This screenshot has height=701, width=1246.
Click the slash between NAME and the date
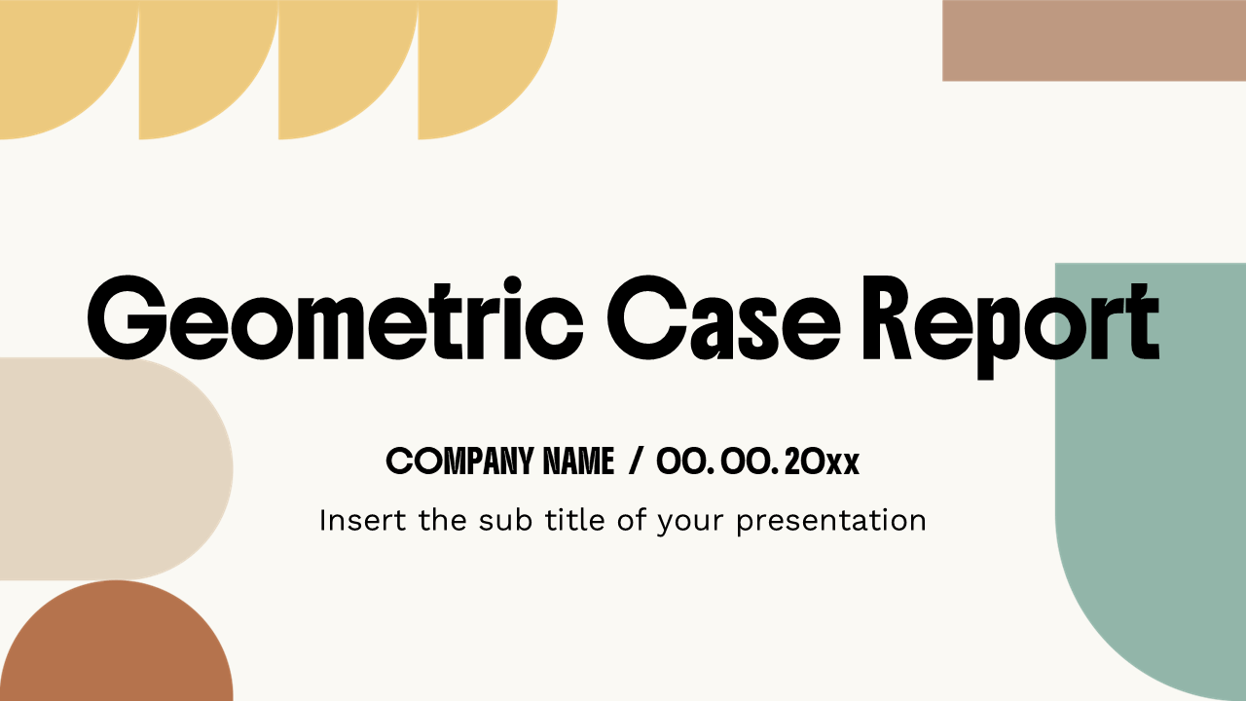[636, 461]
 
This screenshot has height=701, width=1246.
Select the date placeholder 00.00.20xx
[758, 461]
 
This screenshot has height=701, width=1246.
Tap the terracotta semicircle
[117, 647]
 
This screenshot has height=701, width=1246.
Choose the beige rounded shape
[107, 468]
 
